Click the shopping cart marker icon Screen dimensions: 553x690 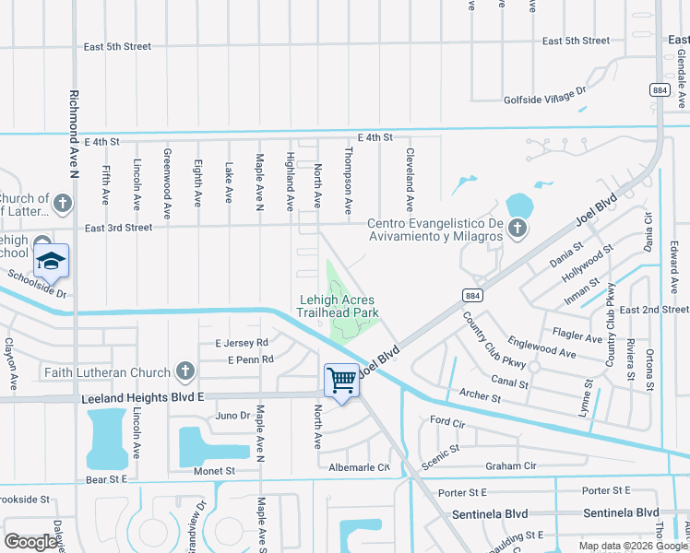click(x=341, y=378)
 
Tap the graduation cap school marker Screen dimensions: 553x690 click(x=52, y=261)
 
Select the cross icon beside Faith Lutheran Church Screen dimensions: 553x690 click(x=184, y=372)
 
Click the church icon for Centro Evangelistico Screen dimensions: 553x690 click(x=517, y=228)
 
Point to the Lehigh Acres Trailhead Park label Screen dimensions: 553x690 click(x=338, y=306)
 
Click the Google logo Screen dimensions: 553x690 click(x=31, y=542)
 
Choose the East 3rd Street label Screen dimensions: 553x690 click(x=118, y=228)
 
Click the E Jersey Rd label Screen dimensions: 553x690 click(x=241, y=343)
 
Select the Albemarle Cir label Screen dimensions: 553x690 click(x=360, y=467)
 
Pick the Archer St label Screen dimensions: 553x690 click(x=480, y=397)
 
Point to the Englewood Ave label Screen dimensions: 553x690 click(x=541, y=346)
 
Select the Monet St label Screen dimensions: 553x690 click(x=214, y=470)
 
